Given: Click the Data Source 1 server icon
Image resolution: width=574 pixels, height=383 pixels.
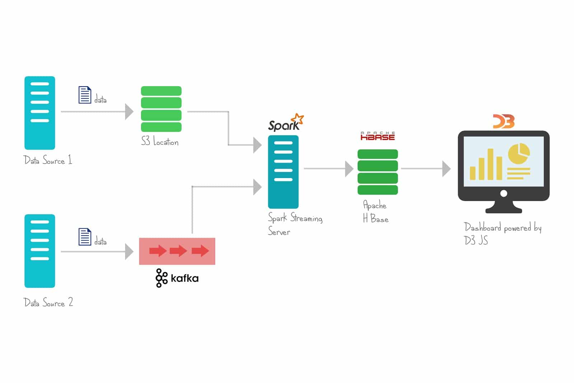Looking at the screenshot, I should [x=39, y=113].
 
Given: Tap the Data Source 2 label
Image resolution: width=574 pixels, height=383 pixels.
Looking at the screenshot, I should [x=48, y=302].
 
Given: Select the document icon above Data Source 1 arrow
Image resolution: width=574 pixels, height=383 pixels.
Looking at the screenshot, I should [x=85, y=95].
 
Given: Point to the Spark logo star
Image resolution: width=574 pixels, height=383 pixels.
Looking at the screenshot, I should [x=297, y=119].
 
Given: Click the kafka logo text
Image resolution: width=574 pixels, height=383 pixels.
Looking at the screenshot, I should [x=184, y=278].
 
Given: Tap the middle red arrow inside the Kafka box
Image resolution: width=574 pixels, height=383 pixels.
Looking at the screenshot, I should [x=178, y=251].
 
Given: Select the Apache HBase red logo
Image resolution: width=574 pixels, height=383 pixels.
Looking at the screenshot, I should [x=377, y=136].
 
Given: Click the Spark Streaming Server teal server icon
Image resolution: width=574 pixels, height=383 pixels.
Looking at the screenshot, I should [x=283, y=172].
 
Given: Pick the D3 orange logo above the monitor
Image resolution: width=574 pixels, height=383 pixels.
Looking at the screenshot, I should [x=504, y=121].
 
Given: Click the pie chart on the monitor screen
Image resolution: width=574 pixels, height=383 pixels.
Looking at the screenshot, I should [x=519, y=153].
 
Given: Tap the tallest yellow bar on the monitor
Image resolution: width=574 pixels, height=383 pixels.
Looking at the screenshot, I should [x=490, y=164].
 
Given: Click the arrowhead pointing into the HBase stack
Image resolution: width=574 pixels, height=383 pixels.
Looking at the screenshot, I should [x=349, y=169].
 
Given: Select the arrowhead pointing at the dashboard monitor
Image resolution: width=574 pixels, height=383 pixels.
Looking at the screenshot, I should [x=446, y=169].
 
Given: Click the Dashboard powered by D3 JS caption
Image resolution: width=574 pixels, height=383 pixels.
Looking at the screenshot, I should [x=502, y=233].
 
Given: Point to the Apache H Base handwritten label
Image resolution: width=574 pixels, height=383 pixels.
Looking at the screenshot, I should [x=375, y=212].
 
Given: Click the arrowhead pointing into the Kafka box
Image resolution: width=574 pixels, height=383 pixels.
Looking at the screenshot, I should [x=129, y=252].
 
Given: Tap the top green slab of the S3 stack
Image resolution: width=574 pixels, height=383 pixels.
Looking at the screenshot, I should [x=161, y=91].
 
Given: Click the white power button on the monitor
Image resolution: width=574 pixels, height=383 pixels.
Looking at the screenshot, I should [x=504, y=193].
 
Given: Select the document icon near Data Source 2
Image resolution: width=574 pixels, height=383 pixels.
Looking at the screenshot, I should [x=85, y=237].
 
